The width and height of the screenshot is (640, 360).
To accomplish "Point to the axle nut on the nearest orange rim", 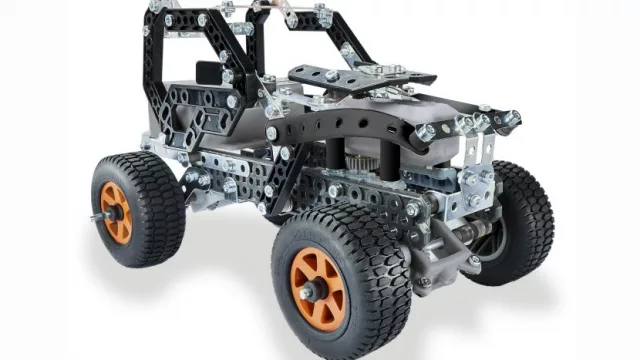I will click(308, 291).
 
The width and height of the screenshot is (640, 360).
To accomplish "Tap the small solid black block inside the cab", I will click(204, 74).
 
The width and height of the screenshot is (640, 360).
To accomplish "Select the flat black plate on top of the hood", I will click(360, 76).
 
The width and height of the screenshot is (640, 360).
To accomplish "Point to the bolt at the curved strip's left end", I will click(272, 132).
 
